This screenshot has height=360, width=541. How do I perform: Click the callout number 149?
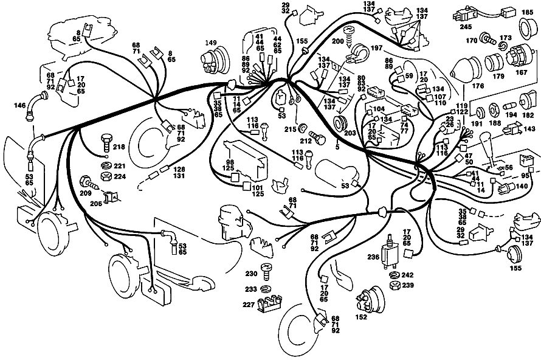click(x=211, y=43)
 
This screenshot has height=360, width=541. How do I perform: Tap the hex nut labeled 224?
click(x=107, y=176)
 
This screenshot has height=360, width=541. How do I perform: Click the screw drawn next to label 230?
click(x=267, y=272)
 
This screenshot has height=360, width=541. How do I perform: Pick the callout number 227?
click(x=249, y=305)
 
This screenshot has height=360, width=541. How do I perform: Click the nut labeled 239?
click(x=395, y=285)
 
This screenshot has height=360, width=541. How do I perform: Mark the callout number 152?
click(x=361, y=317)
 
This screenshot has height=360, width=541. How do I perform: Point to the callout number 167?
click(x=522, y=72)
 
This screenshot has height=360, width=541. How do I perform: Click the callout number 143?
click(x=529, y=129)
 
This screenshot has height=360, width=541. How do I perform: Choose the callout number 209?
click(x=86, y=193)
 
